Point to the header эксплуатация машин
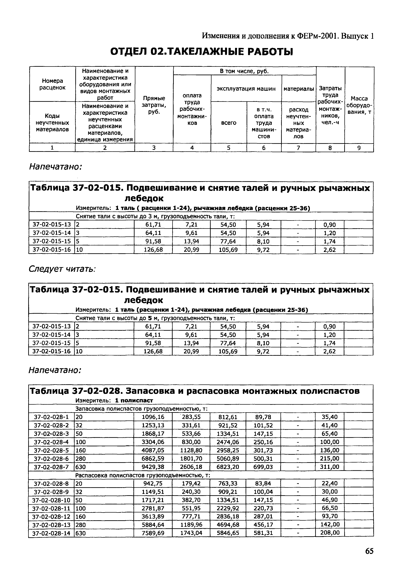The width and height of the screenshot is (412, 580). pos(246,88)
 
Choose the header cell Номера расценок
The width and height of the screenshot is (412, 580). pos(52,84)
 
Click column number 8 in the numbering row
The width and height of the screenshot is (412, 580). pos(330,148)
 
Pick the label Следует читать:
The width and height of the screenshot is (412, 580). pos(62,269)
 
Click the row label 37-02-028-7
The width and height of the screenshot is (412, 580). pos(51,467)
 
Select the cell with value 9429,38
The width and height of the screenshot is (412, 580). pos(153,467)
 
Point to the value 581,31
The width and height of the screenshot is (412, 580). pos(263,533)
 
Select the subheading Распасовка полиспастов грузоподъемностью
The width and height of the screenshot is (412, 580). pos(143,475)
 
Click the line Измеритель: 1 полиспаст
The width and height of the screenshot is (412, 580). pos(114,400)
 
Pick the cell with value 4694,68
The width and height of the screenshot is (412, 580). pos(228,524)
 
